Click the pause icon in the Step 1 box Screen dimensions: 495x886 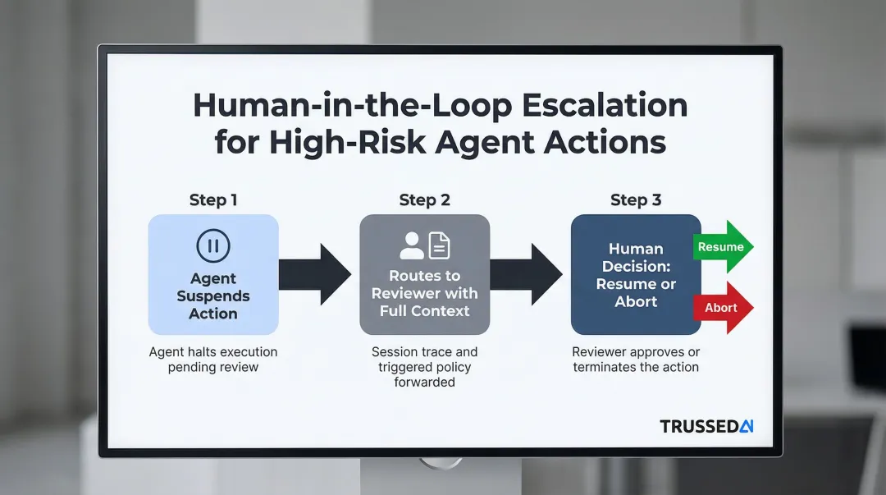point(213,245)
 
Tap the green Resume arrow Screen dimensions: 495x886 point(722,246)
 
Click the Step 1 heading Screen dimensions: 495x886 point(213,200)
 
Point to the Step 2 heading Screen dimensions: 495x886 point(424,200)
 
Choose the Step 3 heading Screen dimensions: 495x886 point(636,200)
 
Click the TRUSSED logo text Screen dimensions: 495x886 point(699,426)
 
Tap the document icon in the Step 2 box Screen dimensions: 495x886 point(440,245)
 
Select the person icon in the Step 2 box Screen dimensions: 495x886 point(411,245)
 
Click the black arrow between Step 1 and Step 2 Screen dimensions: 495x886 point(316,274)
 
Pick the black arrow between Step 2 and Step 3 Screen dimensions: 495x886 point(527,274)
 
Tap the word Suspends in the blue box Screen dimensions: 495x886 point(213,296)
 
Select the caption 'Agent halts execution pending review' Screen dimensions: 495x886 point(213,360)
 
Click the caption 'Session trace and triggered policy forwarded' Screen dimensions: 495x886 point(424,366)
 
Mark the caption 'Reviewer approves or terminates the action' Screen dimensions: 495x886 point(636,360)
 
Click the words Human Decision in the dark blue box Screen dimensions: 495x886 point(636,257)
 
